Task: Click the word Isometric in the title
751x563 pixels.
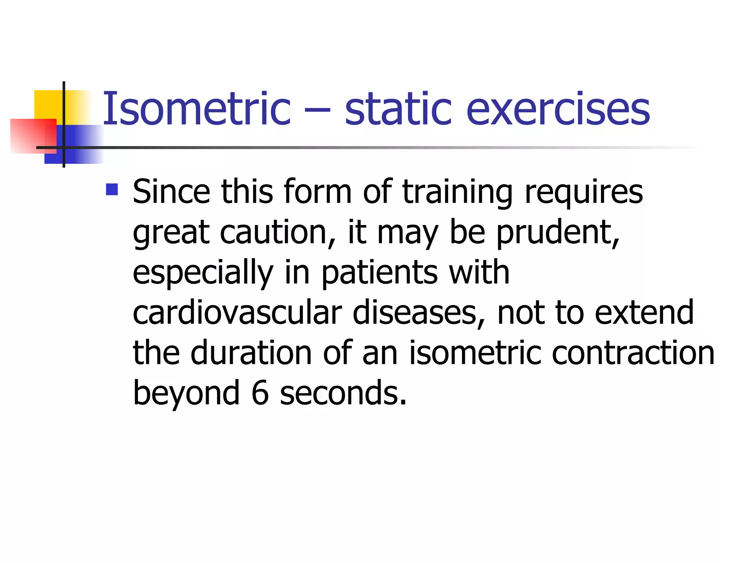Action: pyautogui.click(x=197, y=109)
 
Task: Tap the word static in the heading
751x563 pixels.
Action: pyautogui.click(x=398, y=109)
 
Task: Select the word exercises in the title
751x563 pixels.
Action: pyautogui.click(x=558, y=109)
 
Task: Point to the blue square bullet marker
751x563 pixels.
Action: pyautogui.click(x=112, y=189)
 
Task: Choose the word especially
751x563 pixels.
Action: pyautogui.click(x=203, y=273)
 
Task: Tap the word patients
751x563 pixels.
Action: pyautogui.click(x=380, y=273)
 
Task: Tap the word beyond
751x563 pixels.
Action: pyautogui.click(x=186, y=394)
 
